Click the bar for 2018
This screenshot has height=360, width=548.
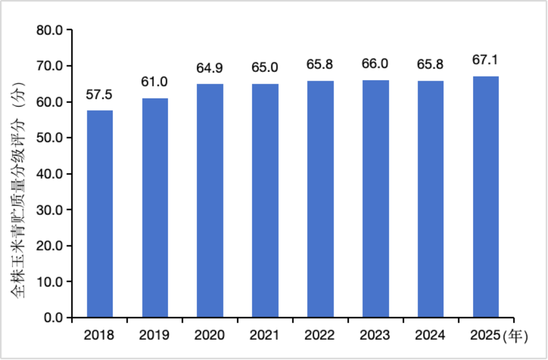click(x=100, y=214)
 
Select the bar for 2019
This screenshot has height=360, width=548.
click(x=155, y=208)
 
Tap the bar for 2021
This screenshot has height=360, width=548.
click(x=265, y=201)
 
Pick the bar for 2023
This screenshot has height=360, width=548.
click(x=375, y=199)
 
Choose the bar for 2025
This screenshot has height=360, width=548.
click(x=485, y=197)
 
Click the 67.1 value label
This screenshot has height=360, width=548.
click(x=485, y=60)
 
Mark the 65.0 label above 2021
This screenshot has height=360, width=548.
click(x=265, y=67)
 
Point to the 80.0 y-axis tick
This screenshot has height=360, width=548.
click(x=50, y=30)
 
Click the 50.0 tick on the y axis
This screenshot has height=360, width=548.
click(x=50, y=138)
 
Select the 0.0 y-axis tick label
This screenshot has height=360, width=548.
click(x=53, y=318)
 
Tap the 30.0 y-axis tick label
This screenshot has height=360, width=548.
click(x=50, y=210)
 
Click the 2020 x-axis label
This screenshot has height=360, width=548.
click(x=210, y=335)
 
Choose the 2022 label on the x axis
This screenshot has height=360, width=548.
click(x=320, y=335)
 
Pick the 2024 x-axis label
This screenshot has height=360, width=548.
click(x=430, y=335)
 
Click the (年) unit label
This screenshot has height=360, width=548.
click(x=515, y=336)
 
